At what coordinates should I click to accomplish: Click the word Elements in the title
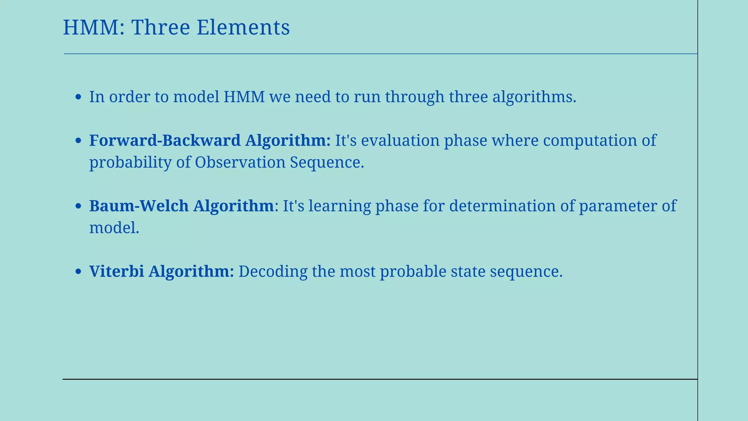(x=243, y=28)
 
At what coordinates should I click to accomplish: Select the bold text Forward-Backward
(x=165, y=140)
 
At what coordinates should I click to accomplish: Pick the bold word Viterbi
(x=117, y=271)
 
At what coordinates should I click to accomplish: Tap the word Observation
(x=240, y=162)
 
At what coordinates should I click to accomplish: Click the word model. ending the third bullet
(x=114, y=228)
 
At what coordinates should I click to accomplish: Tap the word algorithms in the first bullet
(x=534, y=97)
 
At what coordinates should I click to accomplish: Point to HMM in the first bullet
(x=244, y=97)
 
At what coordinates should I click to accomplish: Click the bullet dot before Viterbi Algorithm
(x=78, y=272)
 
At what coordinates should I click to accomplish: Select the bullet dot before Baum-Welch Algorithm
(x=78, y=206)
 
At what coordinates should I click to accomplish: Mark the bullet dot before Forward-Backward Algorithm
(x=78, y=141)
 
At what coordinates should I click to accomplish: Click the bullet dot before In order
(x=78, y=97)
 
